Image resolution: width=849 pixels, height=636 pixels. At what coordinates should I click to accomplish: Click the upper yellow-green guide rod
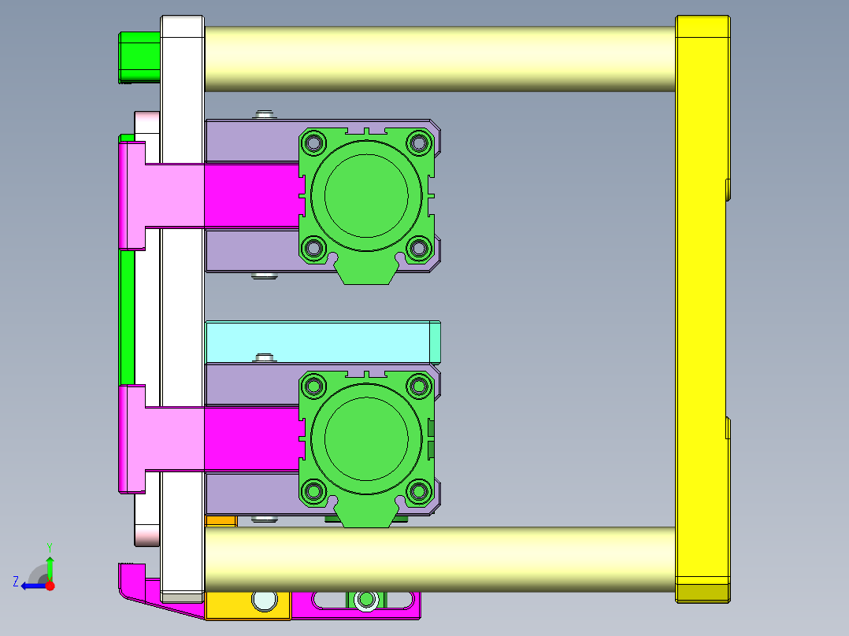click(439, 59)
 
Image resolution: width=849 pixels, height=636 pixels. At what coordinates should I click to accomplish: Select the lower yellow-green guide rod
click(439, 559)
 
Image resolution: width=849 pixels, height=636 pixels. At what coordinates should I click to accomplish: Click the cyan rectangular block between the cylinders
click(319, 342)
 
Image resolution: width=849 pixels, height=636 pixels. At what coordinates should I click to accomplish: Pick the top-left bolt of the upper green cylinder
click(314, 142)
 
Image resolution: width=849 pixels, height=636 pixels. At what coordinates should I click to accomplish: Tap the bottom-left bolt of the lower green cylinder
click(314, 491)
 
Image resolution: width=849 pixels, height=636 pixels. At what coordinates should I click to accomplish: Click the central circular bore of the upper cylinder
click(366, 195)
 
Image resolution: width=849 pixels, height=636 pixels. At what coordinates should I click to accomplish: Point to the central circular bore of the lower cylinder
click(366, 438)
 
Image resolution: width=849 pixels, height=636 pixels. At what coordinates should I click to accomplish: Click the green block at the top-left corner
click(139, 57)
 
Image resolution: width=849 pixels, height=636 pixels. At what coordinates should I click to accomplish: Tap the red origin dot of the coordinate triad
click(50, 586)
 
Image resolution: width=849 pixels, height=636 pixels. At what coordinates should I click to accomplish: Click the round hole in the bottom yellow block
click(265, 600)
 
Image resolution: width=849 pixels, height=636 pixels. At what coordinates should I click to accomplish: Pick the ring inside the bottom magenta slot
click(365, 601)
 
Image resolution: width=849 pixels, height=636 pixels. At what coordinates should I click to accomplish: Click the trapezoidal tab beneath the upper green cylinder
click(366, 272)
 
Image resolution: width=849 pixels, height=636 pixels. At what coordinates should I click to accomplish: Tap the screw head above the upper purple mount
click(265, 115)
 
